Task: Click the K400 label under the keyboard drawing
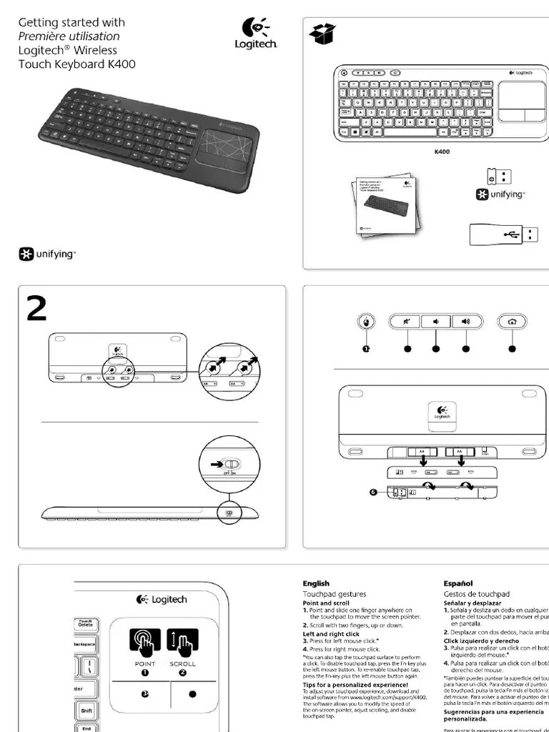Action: pyautogui.click(x=443, y=152)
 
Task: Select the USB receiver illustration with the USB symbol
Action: pyautogui.click(x=504, y=233)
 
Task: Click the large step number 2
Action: pyautogui.click(x=37, y=309)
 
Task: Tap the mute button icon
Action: pyautogui.click(x=406, y=322)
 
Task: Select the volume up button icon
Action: pyautogui.click(x=466, y=322)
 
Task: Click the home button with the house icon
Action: pyautogui.click(x=512, y=322)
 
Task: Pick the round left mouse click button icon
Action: pyautogui.click(x=367, y=322)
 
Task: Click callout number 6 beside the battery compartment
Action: pyautogui.click(x=372, y=491)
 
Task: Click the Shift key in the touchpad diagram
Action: pyautogui.click(x=86, y=711)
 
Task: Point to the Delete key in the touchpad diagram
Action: pyautogui.click(x=86, y=623)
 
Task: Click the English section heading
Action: pyautogui.click(x=316, y=583)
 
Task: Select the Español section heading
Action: pyautogui.click(x=457, y=583)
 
